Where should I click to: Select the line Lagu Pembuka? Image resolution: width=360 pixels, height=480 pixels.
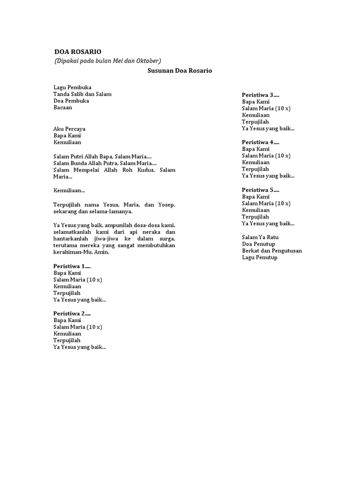(x=72, y=87)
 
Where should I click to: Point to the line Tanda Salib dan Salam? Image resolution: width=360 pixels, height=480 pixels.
(x=82, y=94)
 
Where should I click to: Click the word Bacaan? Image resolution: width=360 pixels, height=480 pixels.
(x=63, y=107)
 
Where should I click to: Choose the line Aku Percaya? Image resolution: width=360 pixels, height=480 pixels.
(x=69, y=129)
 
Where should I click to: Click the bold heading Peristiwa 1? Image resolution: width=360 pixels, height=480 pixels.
(x=72, y=266)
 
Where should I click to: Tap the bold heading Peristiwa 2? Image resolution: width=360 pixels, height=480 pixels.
(x=72, y=314)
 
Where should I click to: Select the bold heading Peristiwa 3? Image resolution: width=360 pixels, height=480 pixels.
(x=260, y=95)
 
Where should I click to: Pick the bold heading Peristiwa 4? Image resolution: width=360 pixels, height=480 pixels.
(x=260, y=142)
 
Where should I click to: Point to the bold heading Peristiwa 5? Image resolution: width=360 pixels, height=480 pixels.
(x=260, y=190)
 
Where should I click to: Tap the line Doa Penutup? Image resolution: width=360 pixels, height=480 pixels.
(x=258, y=244)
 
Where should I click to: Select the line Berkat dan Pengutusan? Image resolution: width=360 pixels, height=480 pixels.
(x=272, y=251)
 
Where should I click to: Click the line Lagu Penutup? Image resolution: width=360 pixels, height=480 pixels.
(x=260, y=257)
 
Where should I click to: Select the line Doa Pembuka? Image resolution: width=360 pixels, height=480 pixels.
(x=71, y=101)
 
